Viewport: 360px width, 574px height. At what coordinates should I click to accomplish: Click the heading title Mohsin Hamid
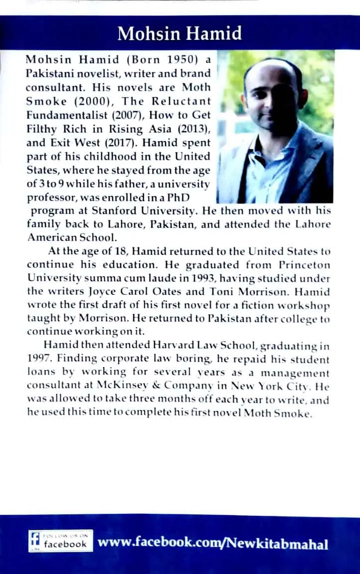pyautogui.click(x=180, y=34)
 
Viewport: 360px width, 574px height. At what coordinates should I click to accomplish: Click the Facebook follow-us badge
pyautogui.click(x=60, y=542)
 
